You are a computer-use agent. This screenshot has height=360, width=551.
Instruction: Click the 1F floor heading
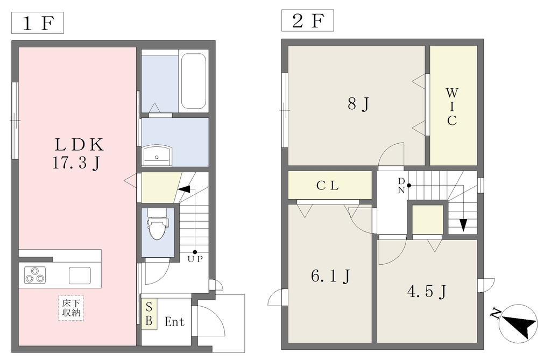click(x=38, y=23)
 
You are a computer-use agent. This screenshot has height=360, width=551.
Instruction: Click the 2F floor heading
click(x=307, y=21)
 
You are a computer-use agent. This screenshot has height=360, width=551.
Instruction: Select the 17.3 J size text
click(x=76, y=163)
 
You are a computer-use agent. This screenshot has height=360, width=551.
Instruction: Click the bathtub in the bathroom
click(x=193, y=81)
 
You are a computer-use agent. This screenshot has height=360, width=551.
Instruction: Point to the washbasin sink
click(x=157, y=156)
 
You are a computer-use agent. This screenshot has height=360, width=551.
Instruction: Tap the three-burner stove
click(x=35, y=275)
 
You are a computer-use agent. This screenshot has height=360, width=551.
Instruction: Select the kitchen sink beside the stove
click(x=80, y=276)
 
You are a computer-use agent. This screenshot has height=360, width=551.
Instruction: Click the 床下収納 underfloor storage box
click(x=71, y=308)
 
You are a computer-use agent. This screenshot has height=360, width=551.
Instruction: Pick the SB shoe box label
click(x=149, y=314)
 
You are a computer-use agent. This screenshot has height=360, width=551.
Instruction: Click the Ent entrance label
click(x=174, y=321)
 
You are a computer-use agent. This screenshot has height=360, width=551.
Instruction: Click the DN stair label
click(x=401, y=186)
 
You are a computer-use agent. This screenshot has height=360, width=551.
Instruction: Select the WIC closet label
click(x=452, y=107)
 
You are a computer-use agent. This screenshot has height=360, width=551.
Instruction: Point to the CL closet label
click(x=328, y=185)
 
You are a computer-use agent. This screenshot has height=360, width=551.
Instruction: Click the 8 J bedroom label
click(x=358, y=104)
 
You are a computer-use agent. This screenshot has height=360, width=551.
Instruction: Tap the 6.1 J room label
click(x=330, y=276)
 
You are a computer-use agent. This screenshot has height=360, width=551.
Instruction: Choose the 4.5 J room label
click(x=427, y=292)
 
